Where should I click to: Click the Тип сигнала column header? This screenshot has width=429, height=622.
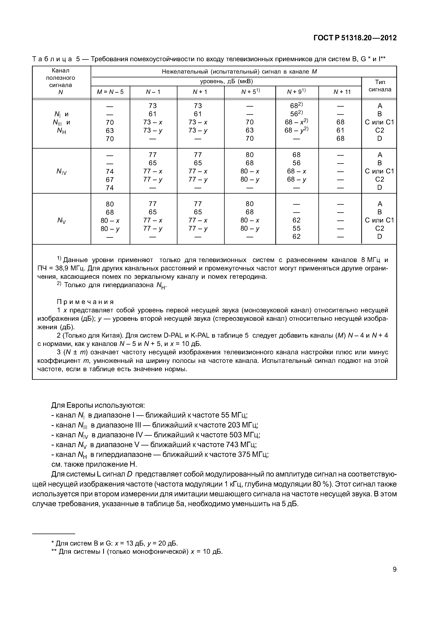(x=380, y=86)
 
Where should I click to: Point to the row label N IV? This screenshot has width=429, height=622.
(x=62, y=171)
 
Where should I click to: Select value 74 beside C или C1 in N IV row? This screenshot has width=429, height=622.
(x=110, y=171)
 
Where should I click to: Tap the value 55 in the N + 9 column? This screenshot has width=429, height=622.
(x=296, y=228)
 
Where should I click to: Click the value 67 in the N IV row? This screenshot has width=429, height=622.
(x=110, y=180)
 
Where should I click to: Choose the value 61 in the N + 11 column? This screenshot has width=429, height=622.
(x=340, y=130)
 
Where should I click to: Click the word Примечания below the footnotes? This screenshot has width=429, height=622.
(x=85, y=302)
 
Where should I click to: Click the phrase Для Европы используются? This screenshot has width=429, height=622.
(x=98, y=405)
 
